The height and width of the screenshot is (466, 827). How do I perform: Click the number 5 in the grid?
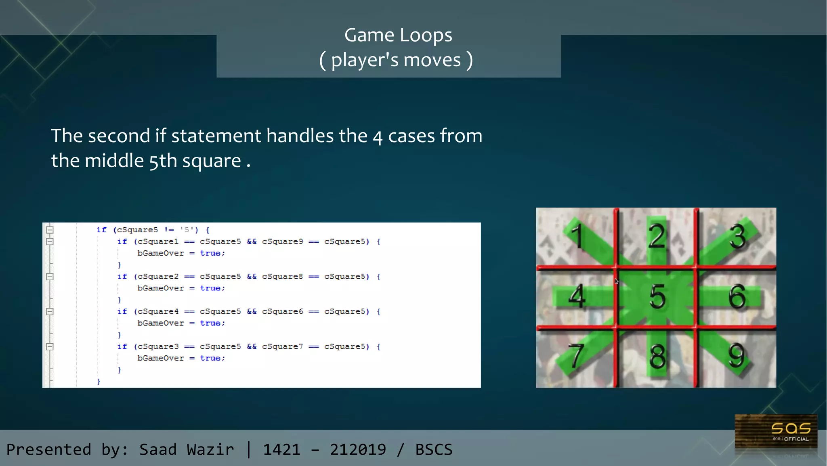pyautogui.click(x=657, y=297)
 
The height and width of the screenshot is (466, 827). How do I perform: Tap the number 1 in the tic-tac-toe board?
pyautogui.click(x=578, y=236)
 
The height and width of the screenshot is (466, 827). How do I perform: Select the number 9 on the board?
pyautogui.click(x=736, y=355)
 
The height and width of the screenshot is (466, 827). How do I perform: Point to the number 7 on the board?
pyautogui.click(x=576, y=356)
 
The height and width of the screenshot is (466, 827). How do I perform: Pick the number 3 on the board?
pyautogui.click(x=737, y=236)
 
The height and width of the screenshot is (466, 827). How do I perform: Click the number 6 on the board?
pyautogui.click(x=737, y=297)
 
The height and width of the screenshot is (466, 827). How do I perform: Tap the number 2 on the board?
pyautogui.click(x=657, y=236)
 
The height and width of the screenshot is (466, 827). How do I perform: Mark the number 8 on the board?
pyautogui.click(x=657, y=356)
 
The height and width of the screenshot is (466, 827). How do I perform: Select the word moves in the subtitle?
pyautogui.click(x=432, y=60)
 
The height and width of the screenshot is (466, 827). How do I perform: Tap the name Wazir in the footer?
pyautogui.click(x=210, y=449)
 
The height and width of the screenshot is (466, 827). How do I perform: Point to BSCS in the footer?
pyautogui.click(x=434, y=449)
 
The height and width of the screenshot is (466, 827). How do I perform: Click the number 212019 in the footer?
pyautogui.click(x=358, y=449)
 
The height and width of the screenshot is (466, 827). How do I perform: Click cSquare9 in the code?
pyautogui.click(x=282, y=241)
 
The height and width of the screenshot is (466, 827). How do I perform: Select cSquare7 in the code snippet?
pyautogui.click(x=282, y=346)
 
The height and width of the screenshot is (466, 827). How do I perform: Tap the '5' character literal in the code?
pyautogui.click(x=187, y=230)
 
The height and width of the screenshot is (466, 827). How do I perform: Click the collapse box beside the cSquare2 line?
pyautogui.click(x=50, y=277)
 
